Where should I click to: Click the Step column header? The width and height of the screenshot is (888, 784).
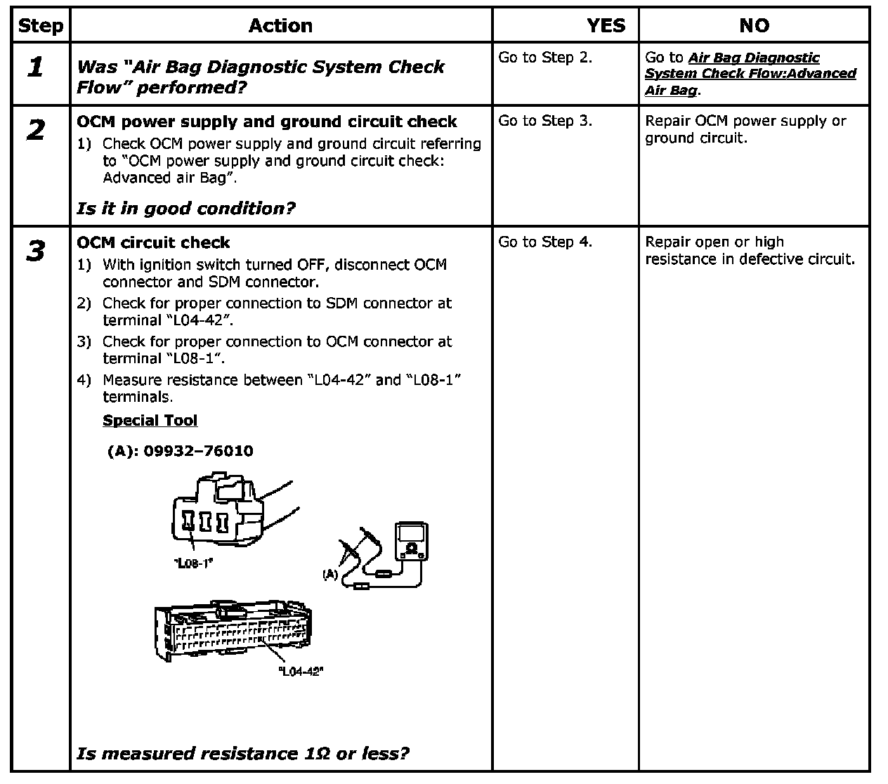coord(40,26)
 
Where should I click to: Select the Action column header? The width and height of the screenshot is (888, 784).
coord(280,26)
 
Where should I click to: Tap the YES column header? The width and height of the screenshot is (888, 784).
coord(606,26)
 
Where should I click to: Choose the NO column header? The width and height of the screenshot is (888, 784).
coord(754,26)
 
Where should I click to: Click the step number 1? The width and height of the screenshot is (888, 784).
coord(35,67)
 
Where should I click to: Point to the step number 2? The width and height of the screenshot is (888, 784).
coord(35,130)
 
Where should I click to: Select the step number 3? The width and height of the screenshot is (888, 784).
coord(35,251)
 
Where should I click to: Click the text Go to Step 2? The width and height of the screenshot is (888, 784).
coord(545,58)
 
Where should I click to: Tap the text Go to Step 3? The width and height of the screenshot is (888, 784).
coord(545,121)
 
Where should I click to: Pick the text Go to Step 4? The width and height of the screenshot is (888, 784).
coord(545,242)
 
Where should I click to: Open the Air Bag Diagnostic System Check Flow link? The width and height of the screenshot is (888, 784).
coord(750,74)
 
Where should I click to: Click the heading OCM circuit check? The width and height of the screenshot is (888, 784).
coord(153,242)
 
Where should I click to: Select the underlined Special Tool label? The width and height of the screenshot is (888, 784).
coord(150,420)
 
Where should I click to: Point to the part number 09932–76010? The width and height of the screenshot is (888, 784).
coord(198,451)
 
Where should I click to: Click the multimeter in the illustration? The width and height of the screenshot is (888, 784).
coord(411,542)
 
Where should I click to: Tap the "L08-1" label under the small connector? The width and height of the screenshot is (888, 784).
coord(192,563)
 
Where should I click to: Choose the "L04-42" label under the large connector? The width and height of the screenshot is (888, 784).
coord(301,672)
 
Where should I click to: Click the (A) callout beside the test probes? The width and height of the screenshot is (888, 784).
coord(330,575)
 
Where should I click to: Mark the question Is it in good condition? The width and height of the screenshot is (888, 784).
coord(186,209)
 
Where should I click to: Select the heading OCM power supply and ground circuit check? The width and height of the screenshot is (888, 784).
coord(267,122)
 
